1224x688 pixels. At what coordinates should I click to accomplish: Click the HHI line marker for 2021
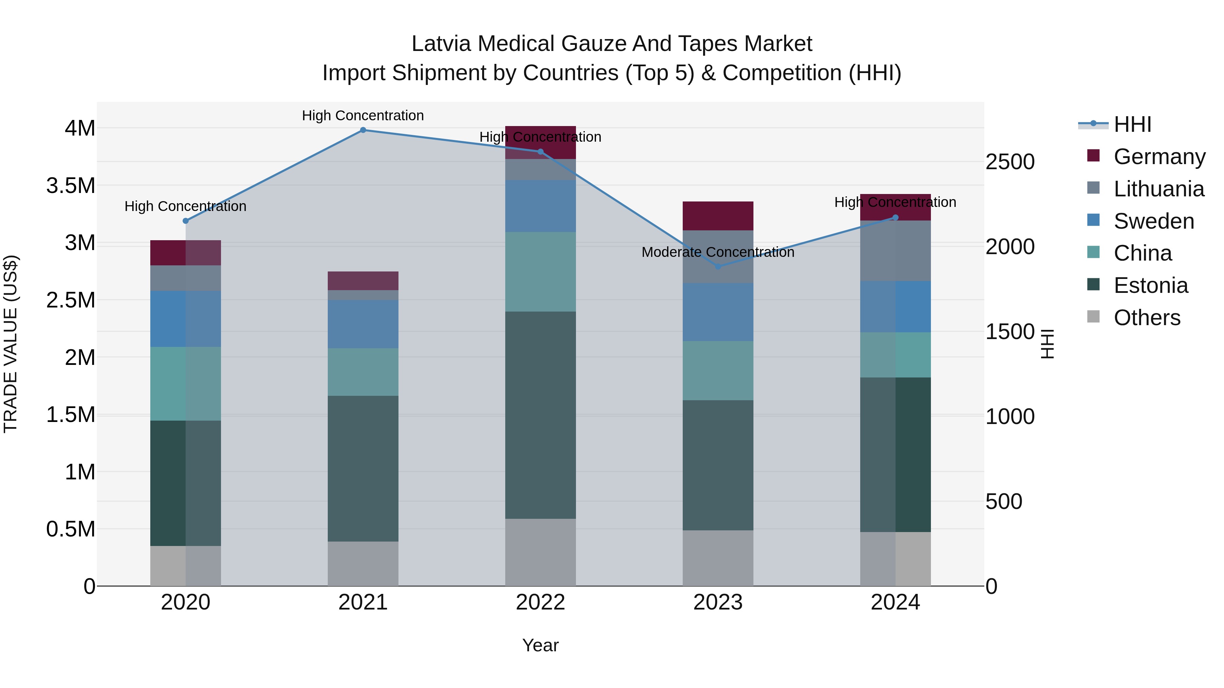[x=363, y=130]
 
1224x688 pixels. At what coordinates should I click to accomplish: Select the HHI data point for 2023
[x=718, y=267]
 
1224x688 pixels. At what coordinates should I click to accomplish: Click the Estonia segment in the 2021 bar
[x=363, y=469]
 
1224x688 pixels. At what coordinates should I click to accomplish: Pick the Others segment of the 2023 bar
[x=718, y=558]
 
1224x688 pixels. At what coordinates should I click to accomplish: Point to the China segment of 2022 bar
[x=540, y=271]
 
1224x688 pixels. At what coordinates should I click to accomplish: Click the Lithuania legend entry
[x=1158, y=189]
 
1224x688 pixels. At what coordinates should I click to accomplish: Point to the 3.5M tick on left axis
[x=71, y=186]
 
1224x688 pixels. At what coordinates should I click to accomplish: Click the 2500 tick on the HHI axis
[x=1010, y=162]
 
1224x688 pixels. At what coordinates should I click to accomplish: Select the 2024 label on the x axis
[x=895, y=602]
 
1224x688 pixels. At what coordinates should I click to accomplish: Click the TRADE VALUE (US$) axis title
[x=11, y=344]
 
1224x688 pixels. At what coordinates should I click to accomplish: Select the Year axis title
[x=540, y=645]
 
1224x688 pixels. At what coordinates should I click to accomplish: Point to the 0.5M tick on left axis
[x=71, y=529]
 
